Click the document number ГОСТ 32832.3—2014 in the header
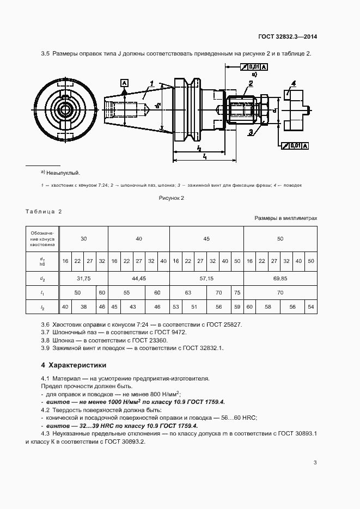click(x=288, y=37)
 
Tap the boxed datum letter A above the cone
click(x=125, y=82)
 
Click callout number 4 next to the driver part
click(x=293, y=83)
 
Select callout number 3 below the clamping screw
click(x=250, y=132)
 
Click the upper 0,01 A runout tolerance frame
click(x=253, y=67)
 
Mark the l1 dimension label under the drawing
click(x=204, y=156)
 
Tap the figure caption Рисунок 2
click(x=172, y=198)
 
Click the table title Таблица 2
click(x=44, y=211)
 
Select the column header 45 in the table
click(x=206, y=238)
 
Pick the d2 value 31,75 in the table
click(x=83, y=278)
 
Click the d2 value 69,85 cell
click(x=280, y=278)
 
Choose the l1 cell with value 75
click(x=237, y=292)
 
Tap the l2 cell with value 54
click(x=310, y=307)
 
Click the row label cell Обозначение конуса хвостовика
click(x=42, y=238)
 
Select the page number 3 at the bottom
click(x=315, y=463)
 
